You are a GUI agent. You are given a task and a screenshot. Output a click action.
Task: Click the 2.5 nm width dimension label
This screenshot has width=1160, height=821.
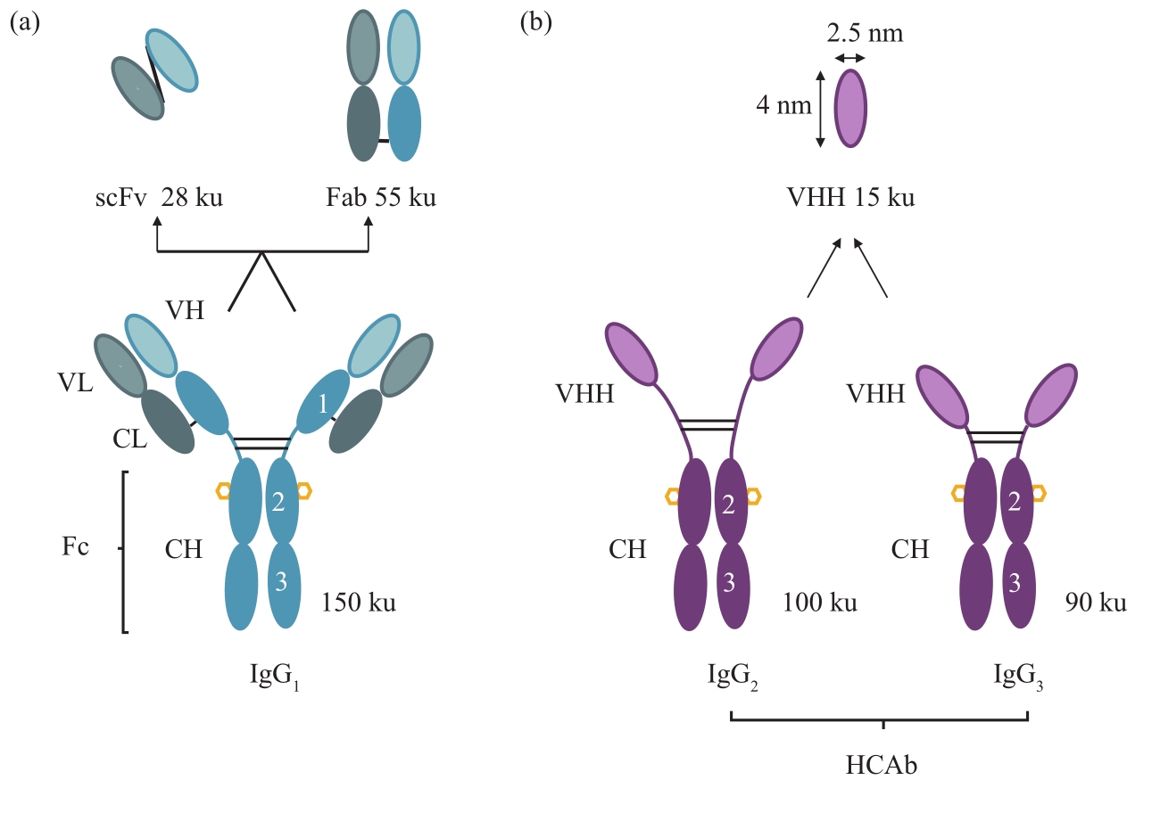pos(865,35)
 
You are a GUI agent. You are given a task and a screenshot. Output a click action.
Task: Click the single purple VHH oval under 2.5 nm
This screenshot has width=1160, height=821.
pos(850,108)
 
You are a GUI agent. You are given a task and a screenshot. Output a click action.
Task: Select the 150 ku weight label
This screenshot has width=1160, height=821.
pos(360,603)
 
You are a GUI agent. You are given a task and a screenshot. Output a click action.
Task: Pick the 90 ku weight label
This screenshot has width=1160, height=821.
pos(1096,603)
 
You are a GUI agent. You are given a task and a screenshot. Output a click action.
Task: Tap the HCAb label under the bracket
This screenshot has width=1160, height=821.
pos(881,765)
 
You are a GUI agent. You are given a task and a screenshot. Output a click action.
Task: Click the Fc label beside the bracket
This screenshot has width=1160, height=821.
pos(76,547)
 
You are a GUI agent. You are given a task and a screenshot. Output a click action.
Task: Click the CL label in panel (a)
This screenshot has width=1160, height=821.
pos(131,440)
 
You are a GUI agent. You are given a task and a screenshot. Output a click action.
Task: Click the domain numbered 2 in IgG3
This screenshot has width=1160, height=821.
pos(1014,501)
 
